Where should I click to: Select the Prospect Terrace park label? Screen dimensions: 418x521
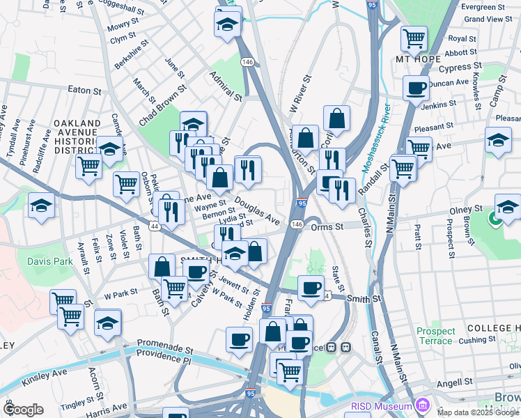tap(435, 336)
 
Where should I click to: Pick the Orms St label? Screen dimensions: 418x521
tap(328, 226)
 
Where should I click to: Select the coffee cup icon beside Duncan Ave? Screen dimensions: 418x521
tap(417, 88)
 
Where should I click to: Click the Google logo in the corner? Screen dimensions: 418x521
tap(24, 410)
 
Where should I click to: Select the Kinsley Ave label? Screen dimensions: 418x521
tap(45, 376)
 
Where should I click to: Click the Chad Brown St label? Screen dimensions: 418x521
tap(163, 105)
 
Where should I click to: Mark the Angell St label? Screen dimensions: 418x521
tap(454, 383)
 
